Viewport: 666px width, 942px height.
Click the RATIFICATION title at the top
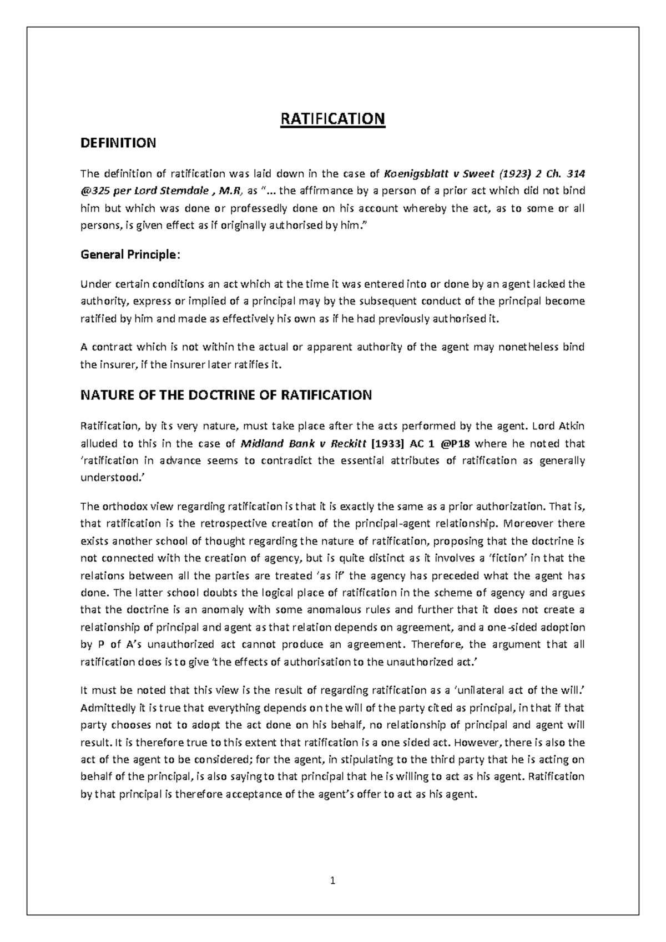pos(332,119)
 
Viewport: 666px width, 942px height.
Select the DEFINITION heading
pos(118,143)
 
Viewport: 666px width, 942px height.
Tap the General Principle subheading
pos(130,255)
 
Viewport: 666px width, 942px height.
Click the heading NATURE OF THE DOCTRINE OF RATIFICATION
pos(226,395)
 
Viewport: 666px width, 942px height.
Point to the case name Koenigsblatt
pos(415,173)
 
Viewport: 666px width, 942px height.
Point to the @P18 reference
pos(455,444)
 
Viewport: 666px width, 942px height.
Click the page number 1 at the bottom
pos(333,880)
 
